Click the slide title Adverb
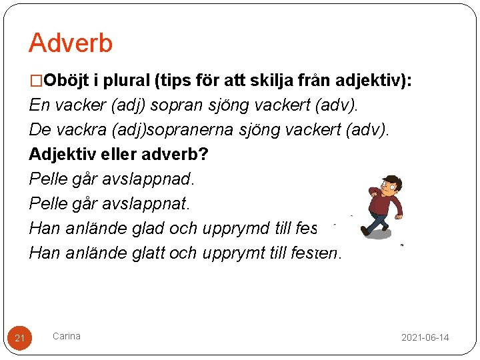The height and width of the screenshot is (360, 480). coord(71,43)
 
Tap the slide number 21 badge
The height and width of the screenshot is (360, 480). coord(20,339)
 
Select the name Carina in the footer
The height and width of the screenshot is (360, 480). coord(67,336)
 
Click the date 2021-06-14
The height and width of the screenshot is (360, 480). coord(425,338)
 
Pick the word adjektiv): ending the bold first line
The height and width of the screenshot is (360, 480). coord(379,81)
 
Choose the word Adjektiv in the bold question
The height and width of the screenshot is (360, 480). coord(59,155)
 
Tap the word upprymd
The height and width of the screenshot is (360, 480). coord(238,229)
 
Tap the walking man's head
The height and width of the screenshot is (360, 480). coord(389,185)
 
